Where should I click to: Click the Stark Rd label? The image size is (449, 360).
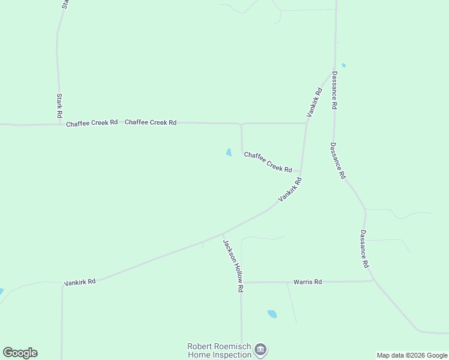click(x=59, y=106)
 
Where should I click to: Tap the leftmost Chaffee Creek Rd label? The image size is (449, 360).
click(x=92, y=123)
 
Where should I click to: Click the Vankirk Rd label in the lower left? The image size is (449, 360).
click(x=80, y=281)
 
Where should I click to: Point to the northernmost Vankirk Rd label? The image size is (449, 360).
click(x=314, y=102)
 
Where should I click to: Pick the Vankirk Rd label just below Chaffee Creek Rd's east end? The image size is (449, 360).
click(x=289, y=189)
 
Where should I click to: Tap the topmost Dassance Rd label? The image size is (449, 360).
click(x=334, y=91)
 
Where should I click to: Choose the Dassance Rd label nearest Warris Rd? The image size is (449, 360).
click(x=364, y=248)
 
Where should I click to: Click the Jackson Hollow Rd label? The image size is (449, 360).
click(x=233, y=266)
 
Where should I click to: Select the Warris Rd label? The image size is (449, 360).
click(x=307, y=281)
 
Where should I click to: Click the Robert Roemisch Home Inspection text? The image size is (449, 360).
click(x=220, y=350)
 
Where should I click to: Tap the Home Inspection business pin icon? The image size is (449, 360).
click(x=261, y=349)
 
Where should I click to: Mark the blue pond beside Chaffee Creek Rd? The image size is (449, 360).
click(x=229, y=152)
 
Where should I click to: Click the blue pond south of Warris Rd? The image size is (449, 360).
click(x=272, y=314)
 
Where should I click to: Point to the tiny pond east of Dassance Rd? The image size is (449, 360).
click(x=343, y=65)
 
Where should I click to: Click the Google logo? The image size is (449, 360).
click(x=20, y=353)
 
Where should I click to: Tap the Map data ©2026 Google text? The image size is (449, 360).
click(x=412, y=355)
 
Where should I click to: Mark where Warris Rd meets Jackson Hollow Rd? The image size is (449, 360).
click(x=241, y=282)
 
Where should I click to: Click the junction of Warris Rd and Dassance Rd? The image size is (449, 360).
click(x=374, y=280)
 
